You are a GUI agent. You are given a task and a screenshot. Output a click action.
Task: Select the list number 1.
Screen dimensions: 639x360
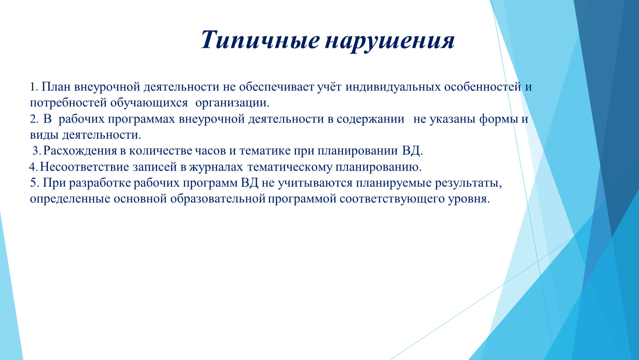tap(34, 87)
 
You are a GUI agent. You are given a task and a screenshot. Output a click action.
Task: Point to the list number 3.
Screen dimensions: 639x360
tap(37, 150)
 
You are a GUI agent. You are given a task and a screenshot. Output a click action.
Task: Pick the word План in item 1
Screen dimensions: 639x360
tap(56, 87)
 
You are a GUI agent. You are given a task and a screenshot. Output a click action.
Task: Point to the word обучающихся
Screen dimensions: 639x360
tap(149, 103)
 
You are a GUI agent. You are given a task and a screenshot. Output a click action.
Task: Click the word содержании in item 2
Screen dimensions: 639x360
tap(370, 119)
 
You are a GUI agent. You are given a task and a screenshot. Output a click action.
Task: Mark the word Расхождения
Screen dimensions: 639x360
tap(80, 150)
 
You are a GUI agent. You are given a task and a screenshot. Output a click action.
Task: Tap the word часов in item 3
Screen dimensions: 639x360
tap(210, 151)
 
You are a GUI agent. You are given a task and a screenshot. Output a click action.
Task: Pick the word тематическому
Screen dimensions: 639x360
tap(290, 167)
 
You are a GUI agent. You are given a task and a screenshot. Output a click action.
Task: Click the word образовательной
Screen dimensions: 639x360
tap(218, 199)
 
